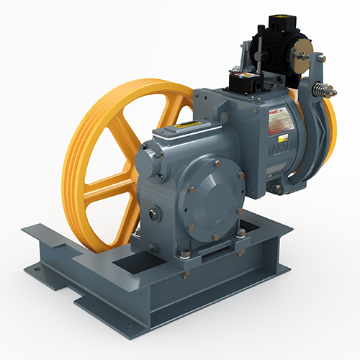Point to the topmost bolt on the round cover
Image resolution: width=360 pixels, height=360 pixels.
(x=217, y=165)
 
